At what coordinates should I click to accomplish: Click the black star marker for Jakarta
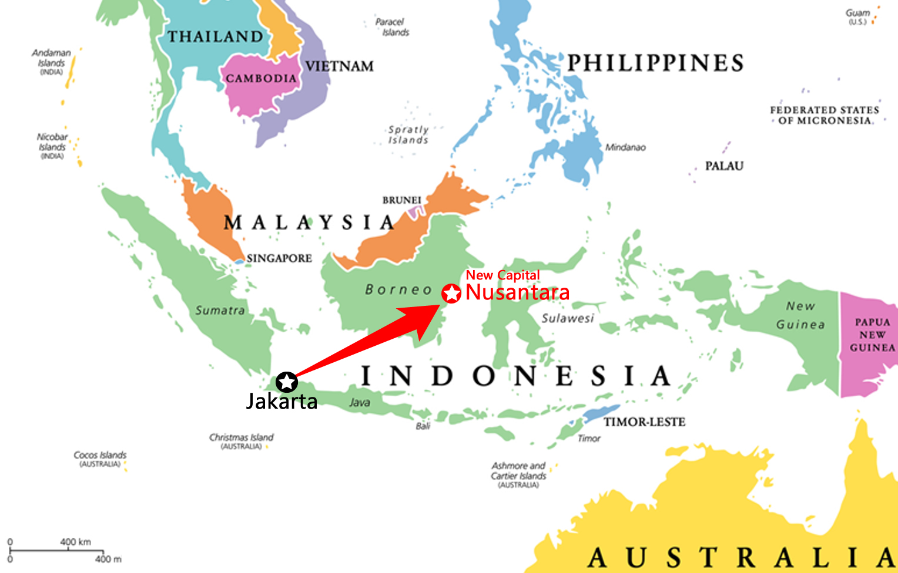pos(286,382)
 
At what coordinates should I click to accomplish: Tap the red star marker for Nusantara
pos(451,294)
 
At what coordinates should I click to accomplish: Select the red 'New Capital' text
pos(502,275)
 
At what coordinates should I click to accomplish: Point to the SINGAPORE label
pos(279,258)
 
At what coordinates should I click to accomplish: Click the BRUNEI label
pos(401,200)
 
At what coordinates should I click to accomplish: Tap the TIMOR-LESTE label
pos(644,422)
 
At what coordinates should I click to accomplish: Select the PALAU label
pos(724,166)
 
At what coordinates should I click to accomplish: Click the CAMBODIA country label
pos(261,79)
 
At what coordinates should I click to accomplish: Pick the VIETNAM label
pos(339,66)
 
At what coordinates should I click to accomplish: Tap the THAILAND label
pos(216,36)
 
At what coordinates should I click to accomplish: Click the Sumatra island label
pos(220,310)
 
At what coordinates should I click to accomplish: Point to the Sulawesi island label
pos(568,318)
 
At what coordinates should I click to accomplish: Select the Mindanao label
pos(625,147)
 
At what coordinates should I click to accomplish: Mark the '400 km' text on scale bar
pos(75,542)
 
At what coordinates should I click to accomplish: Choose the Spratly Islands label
pos(408,134)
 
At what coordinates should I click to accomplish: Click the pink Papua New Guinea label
pos(872,335)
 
